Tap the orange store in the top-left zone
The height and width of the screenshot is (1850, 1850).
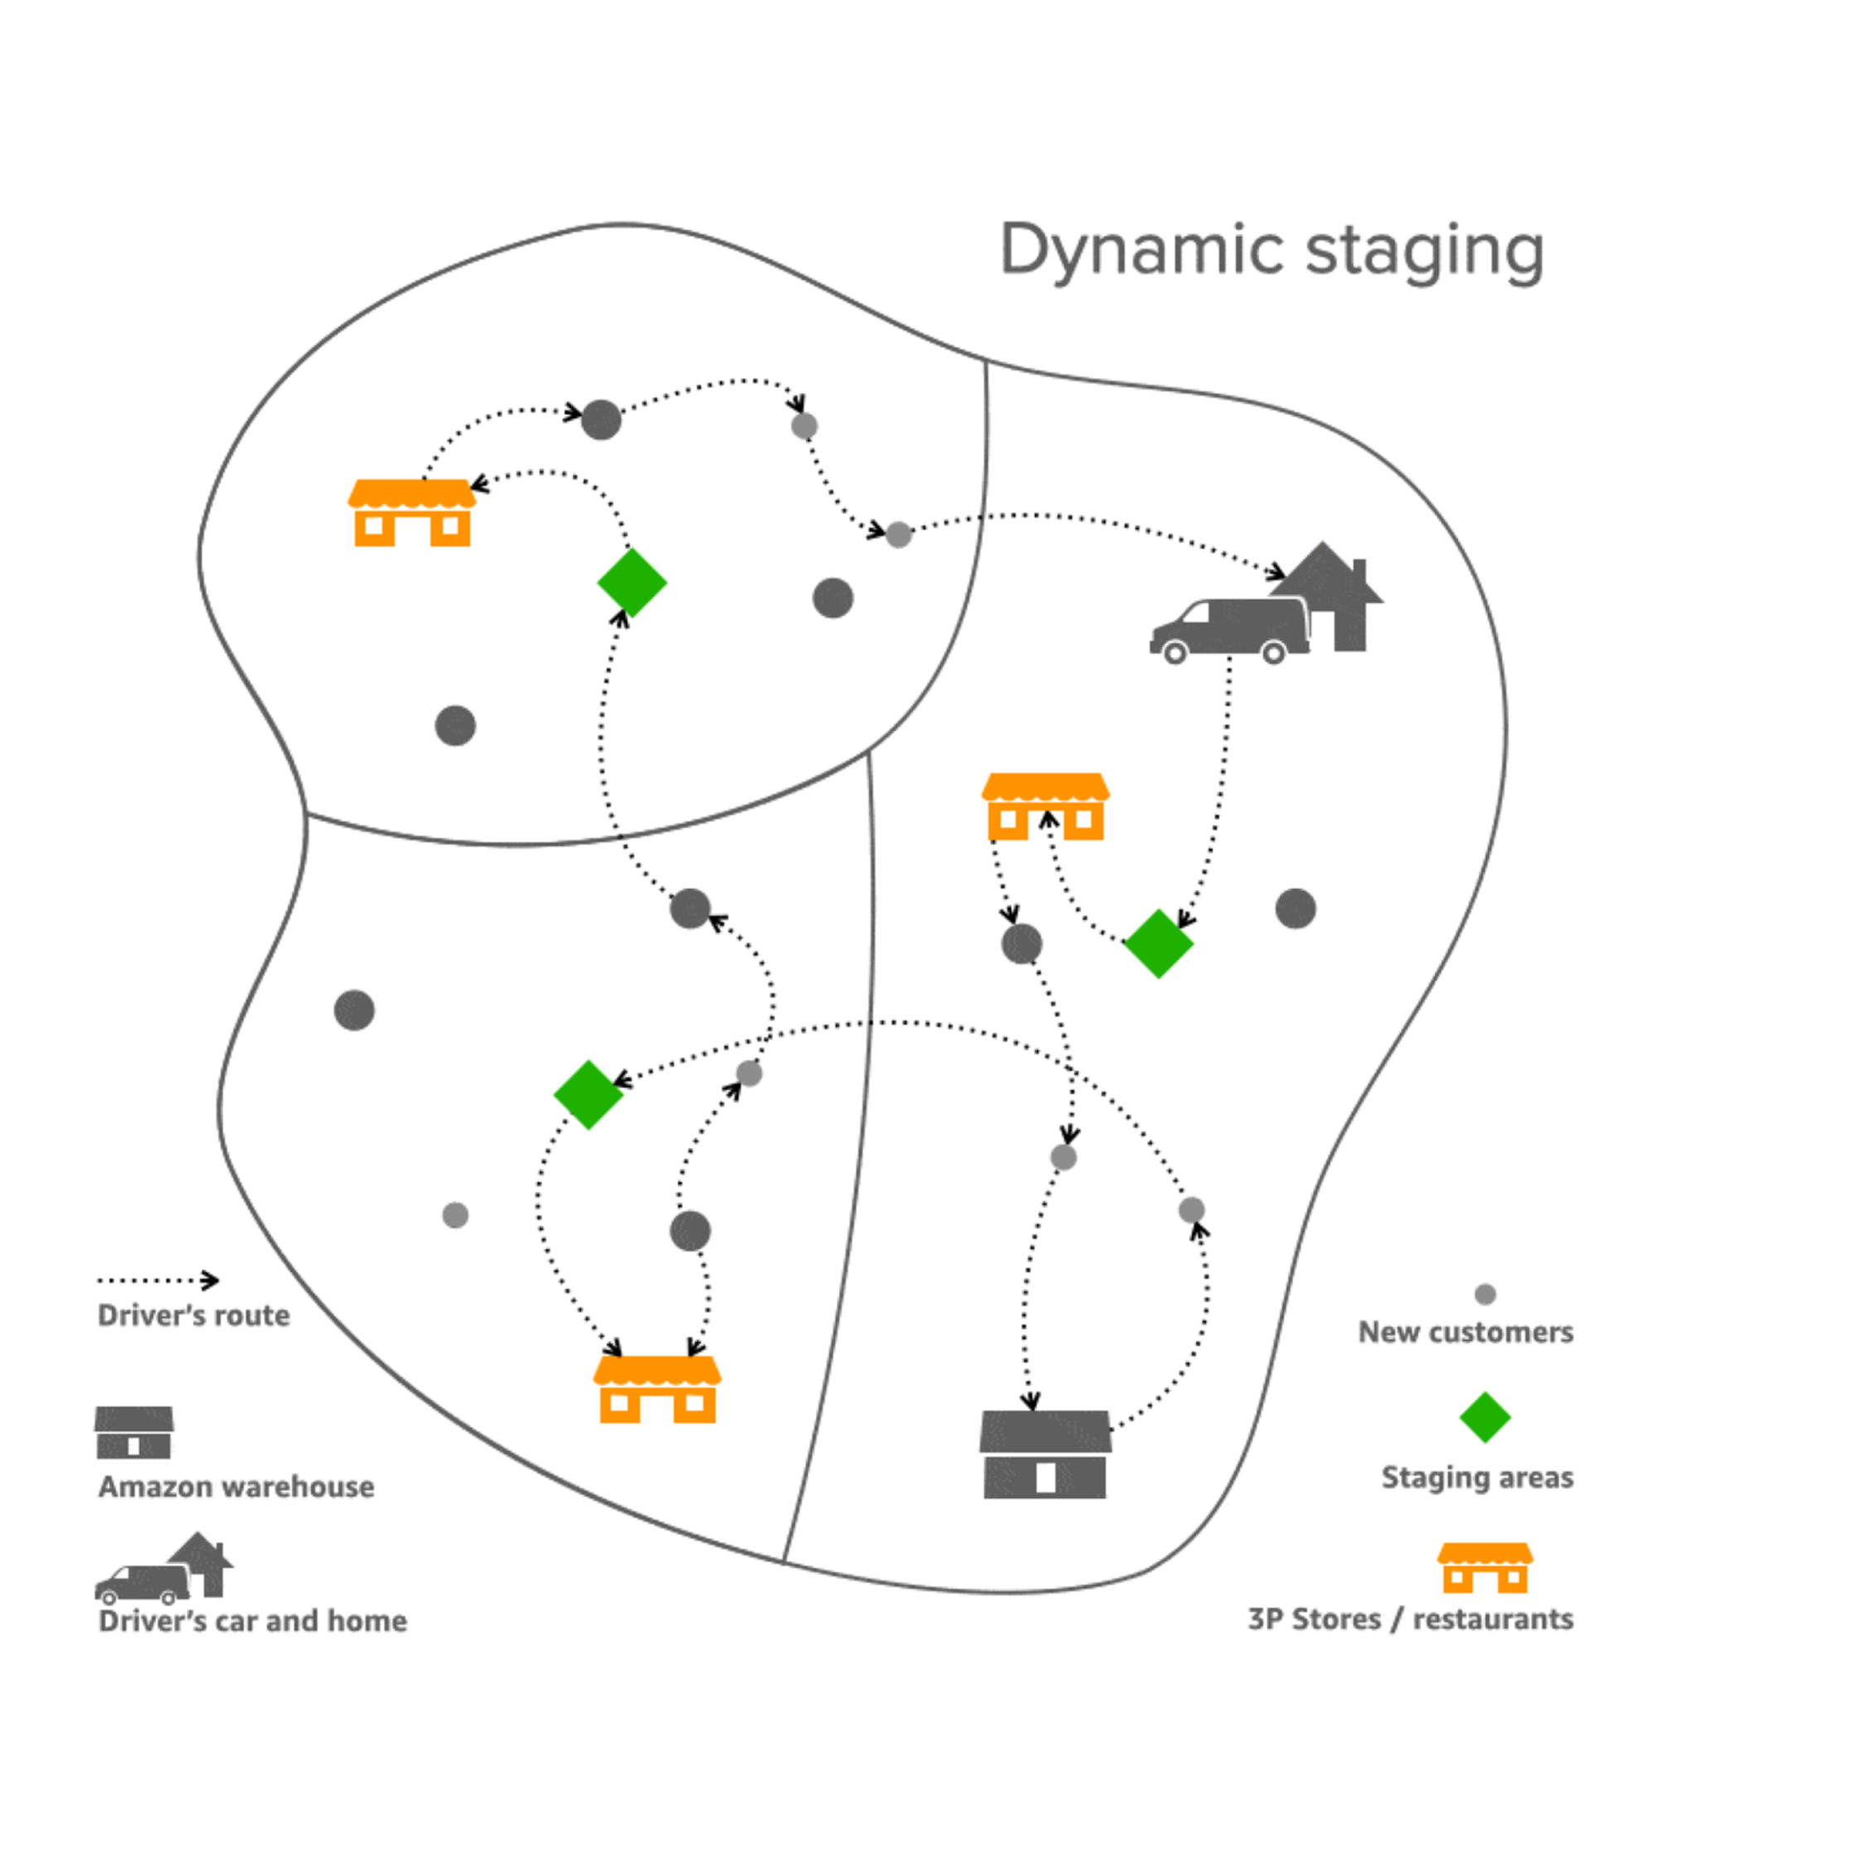(x=412, y=513)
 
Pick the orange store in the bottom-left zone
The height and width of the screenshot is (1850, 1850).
(x=657, y=1389)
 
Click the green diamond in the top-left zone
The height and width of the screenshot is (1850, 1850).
(x=632, y=582)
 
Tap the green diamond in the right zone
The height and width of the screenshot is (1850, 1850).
(x=1158, y=943)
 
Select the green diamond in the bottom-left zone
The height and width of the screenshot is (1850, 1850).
(x=588, y=1094)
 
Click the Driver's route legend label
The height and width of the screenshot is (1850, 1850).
(x=193, y=1315)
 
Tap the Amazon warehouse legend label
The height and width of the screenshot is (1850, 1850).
(x=235, y=1487)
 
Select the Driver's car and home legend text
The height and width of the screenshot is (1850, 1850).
(x=253, y=1621)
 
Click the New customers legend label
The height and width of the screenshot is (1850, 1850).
(x=1465, y=1332)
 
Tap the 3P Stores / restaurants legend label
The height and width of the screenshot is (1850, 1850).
(x=1411, y=1620)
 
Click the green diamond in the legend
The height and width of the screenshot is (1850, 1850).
(x=1484, y=1417)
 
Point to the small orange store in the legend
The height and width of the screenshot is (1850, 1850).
(x=1484, y=1567)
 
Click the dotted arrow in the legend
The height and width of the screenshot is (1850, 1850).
(x=158, y=1281)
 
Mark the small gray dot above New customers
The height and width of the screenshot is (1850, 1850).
(x=1485, y=1295)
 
